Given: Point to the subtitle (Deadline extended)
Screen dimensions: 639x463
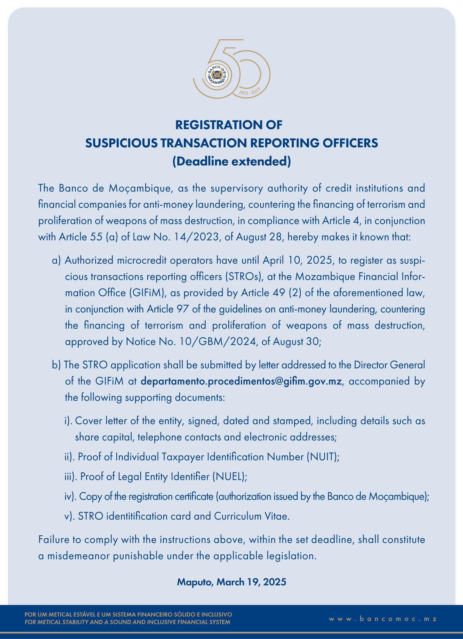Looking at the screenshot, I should (231, 161).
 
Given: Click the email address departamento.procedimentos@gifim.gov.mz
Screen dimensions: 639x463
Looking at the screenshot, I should (241, 381).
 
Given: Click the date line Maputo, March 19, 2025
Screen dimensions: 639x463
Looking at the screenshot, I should (231, 582).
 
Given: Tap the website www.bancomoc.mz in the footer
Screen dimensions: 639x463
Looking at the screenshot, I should (383, 619).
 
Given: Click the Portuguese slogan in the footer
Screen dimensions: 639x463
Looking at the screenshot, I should (128, 615).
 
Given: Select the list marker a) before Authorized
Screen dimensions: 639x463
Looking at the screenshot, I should (56, 260).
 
